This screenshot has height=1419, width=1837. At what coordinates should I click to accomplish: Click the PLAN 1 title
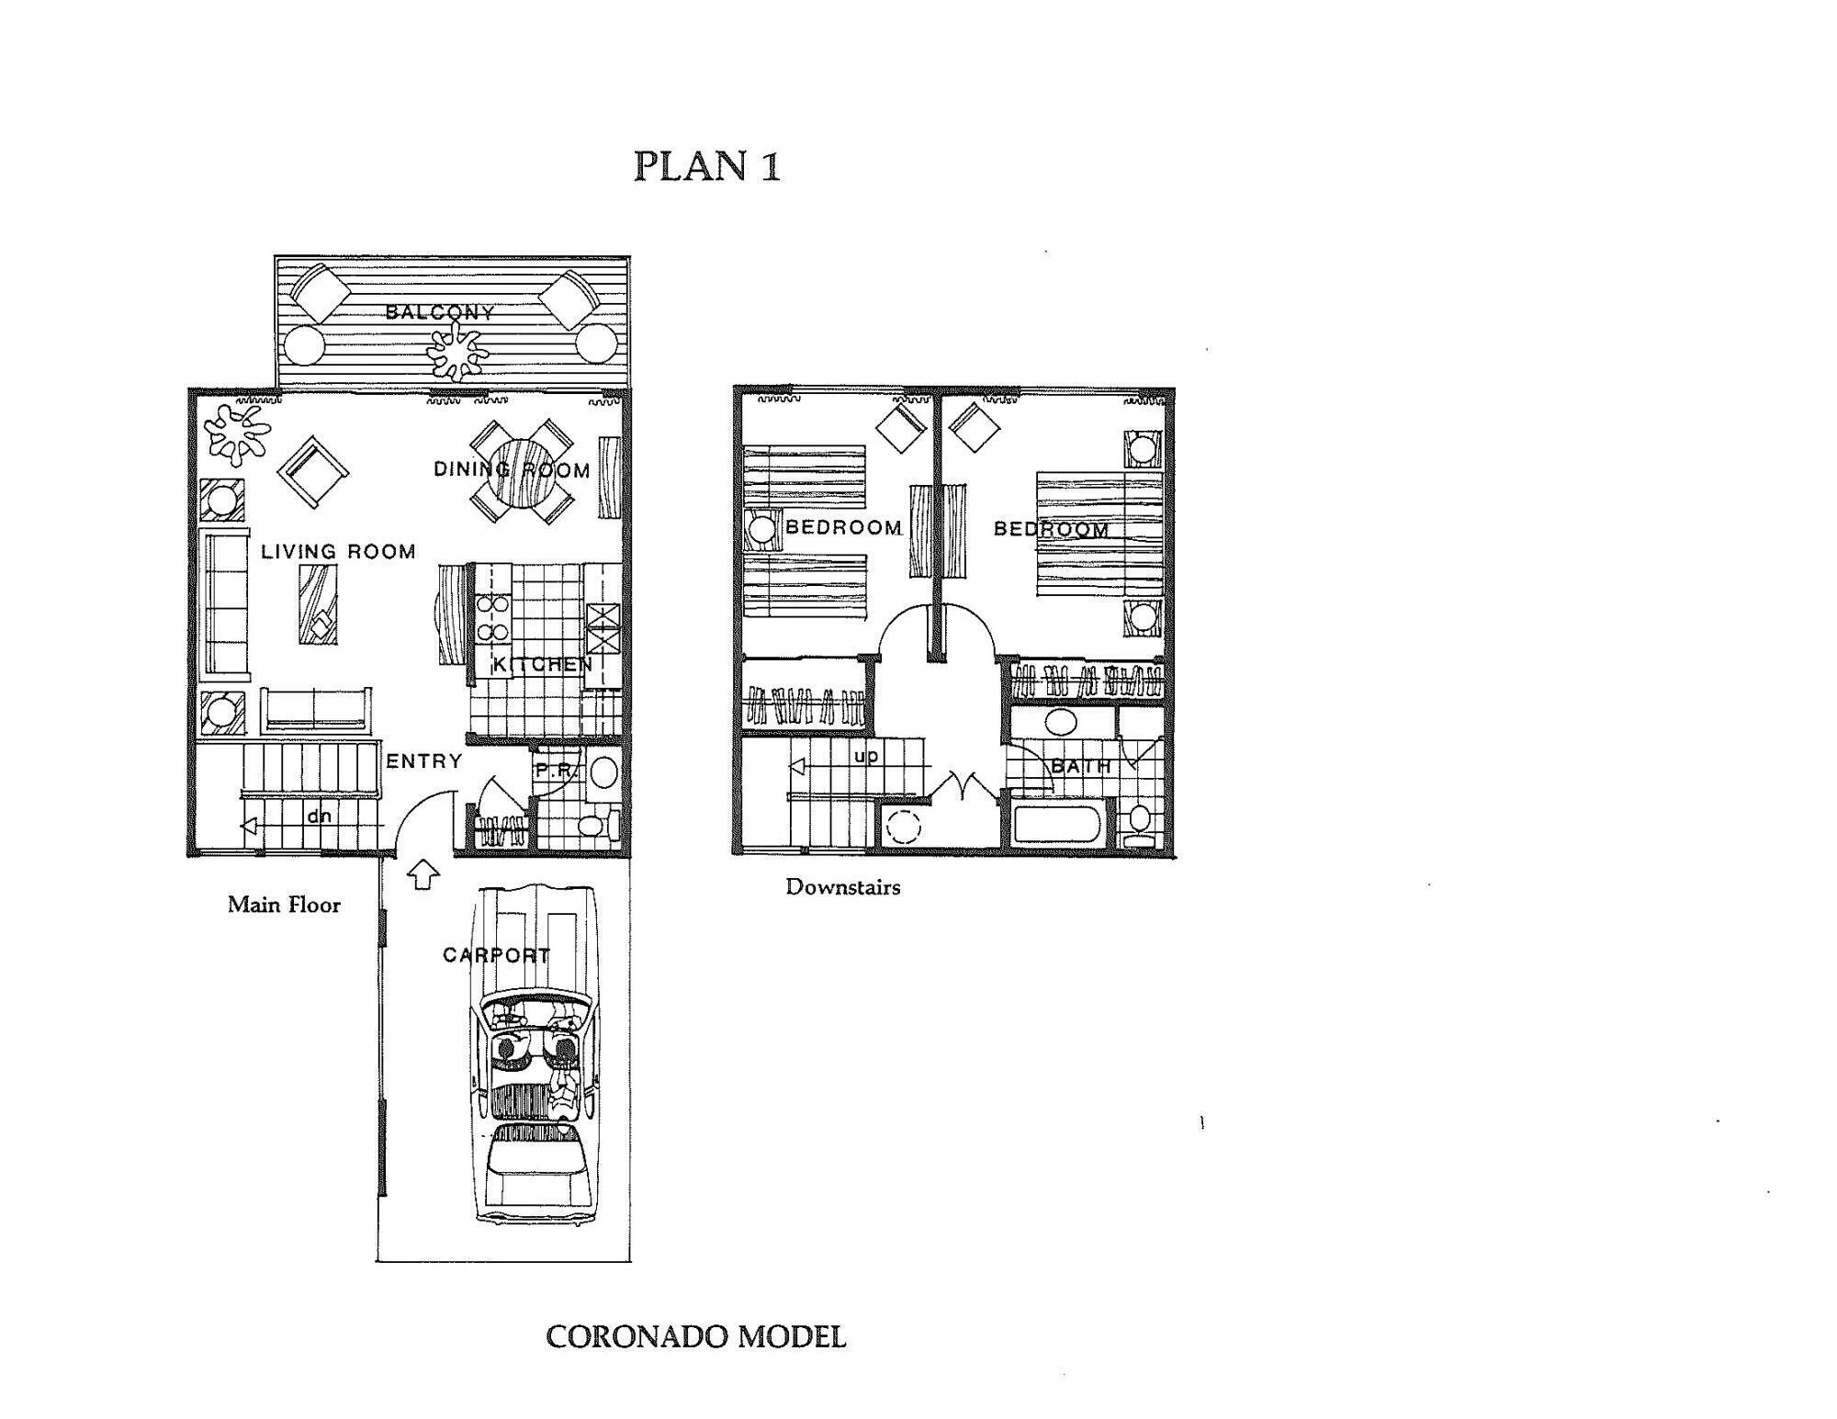707,166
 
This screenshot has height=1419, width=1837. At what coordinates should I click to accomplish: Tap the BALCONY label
440,312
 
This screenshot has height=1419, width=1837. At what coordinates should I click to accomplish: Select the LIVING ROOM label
338,551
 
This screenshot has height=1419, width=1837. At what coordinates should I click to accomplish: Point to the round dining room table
521,471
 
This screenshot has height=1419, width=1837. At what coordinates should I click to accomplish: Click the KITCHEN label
543,664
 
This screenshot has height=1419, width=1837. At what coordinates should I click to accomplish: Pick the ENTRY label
423,760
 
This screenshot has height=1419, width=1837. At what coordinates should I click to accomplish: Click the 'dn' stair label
319,816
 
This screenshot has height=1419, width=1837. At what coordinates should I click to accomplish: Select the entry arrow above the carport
423,873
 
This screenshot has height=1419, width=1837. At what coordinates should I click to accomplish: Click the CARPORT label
496,955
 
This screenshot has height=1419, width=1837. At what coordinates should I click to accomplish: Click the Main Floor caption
284,905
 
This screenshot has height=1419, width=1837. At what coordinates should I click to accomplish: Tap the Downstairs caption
842,887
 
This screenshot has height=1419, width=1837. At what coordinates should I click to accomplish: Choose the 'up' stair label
865,756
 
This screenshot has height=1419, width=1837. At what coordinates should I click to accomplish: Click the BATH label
1080,765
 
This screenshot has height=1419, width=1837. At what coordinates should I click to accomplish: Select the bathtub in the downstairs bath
1057,824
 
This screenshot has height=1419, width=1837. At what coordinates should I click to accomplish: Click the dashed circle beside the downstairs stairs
903,828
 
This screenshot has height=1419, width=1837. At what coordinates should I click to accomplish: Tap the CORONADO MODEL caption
695,1336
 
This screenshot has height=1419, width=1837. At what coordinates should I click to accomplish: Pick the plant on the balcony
456,350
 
